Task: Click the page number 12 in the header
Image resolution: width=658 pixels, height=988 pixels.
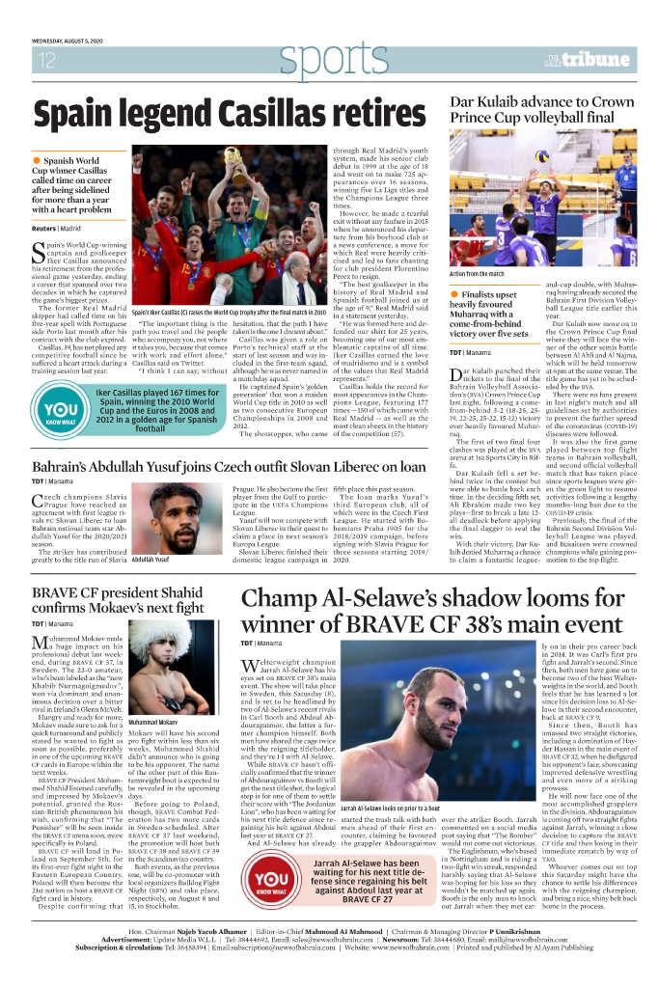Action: pyautogui.click(x=45, y=61)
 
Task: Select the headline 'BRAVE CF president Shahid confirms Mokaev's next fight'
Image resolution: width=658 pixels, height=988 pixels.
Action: pyautogui.click(x=119, y=599)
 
